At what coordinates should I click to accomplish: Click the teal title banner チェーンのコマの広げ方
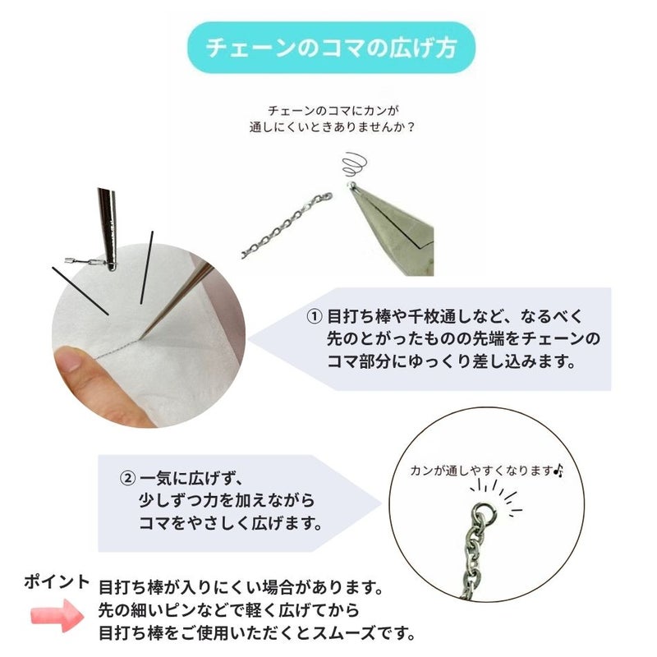331,48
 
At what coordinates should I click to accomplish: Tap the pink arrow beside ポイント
57,615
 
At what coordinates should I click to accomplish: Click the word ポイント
57,582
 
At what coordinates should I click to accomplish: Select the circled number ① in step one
315,316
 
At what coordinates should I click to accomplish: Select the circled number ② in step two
127,478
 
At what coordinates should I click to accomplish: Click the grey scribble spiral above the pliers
355,165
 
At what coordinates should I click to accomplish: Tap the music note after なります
558,471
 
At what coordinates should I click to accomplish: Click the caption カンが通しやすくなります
481,471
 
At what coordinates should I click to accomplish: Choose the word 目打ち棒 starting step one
351,317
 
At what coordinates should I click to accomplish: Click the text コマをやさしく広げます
230,523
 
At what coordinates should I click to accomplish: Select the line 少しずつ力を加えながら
227,501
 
